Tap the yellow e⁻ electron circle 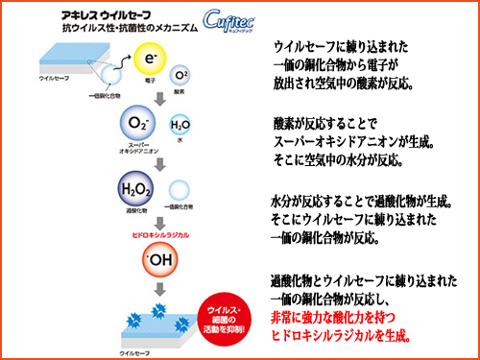click(150, 60)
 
